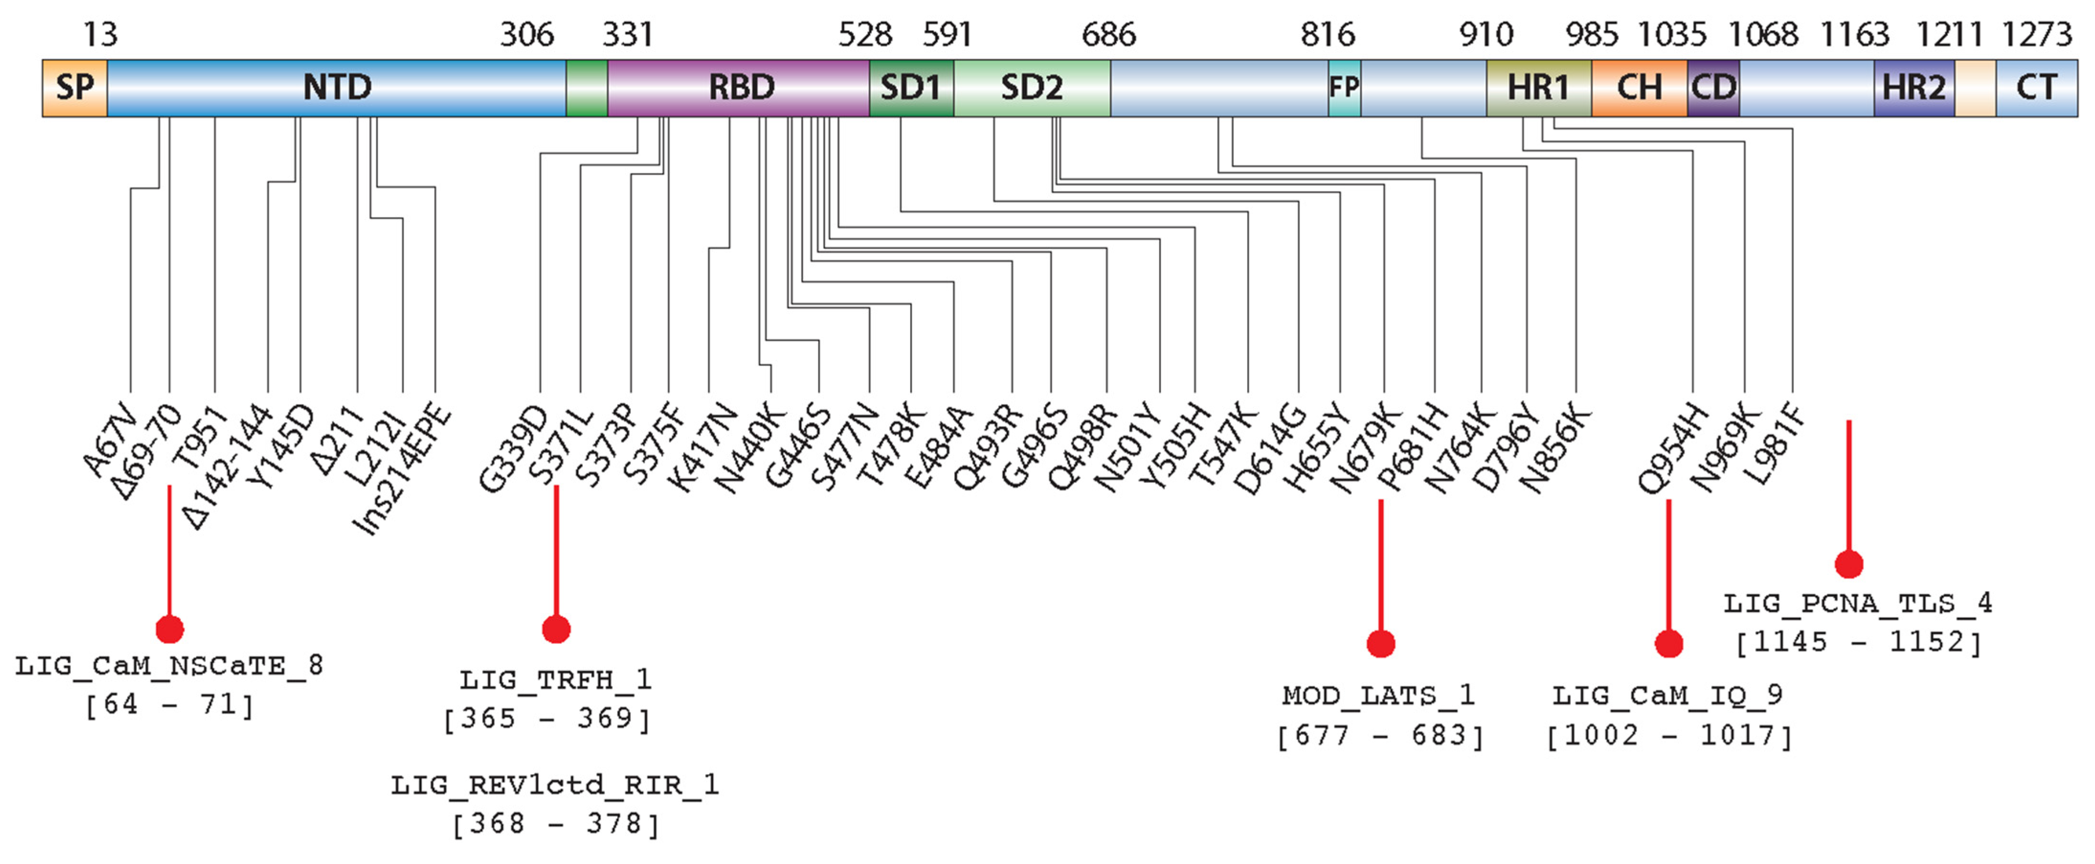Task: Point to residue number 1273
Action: tap(2036, 35)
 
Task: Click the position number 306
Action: tap(527, 35)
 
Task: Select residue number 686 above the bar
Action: tap(1108, 35)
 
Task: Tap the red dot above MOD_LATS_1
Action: tap(1380, 643)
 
